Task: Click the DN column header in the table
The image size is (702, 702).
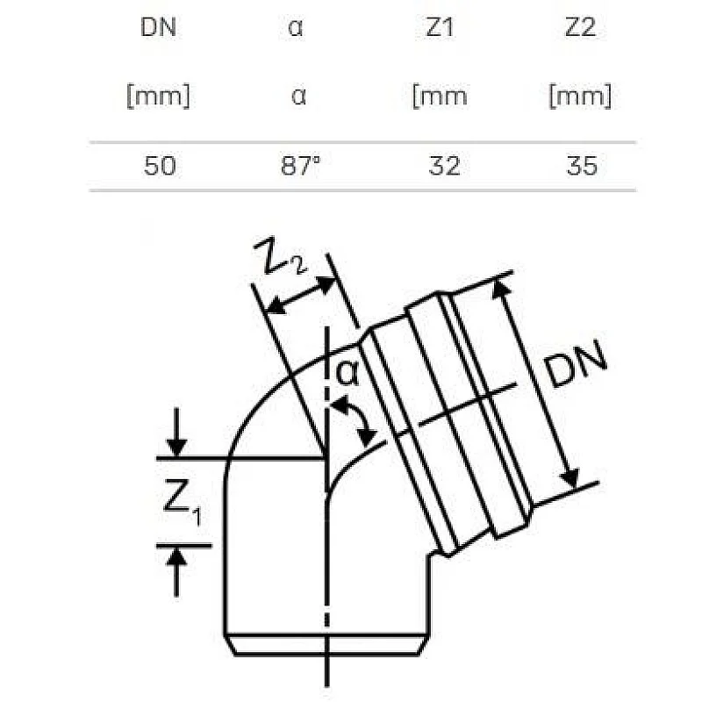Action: pyautogui.click(x=159, y=27)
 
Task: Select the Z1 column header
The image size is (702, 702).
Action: pyautogui.click(x=440, y=27)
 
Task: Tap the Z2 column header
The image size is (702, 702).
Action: pyautogui.click(x=580, y=27)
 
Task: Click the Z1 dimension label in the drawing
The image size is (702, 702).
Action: pyautogui.click(x=182, y=504)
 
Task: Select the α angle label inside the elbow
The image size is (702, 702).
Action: pyautogui.click(x=348, y=374)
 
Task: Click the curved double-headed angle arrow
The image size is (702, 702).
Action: pyautogui.click(x=356, y=419)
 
